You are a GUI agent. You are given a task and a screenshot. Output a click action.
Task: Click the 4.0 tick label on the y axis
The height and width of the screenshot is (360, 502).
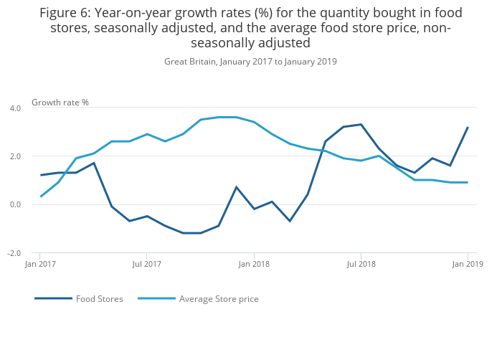(x=15, y=108)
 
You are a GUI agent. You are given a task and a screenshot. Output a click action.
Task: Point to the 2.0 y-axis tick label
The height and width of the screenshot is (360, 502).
(x=15, y=156)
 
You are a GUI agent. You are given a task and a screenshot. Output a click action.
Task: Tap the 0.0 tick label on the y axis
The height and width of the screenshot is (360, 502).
(x=15, y=205)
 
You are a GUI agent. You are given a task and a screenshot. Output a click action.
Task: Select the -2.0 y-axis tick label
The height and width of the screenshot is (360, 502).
(x=14, y=254)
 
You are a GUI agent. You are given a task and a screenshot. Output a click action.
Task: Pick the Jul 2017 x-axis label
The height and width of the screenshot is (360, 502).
(x=146, y=264)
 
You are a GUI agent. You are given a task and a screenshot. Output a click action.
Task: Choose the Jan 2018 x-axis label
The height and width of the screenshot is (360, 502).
(x=253, y=264)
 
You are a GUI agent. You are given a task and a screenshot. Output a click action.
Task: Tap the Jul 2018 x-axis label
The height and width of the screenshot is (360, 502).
(x=361, y=264)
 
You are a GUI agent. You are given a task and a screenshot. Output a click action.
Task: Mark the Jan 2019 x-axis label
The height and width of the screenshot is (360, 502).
(x=468, y=264)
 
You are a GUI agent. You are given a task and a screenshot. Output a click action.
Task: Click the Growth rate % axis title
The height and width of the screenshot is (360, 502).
(x=60, y=103)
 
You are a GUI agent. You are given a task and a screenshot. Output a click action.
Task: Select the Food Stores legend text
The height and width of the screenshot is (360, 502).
(x=100, y=299)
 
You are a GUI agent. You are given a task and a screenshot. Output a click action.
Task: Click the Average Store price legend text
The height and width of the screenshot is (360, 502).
(x=219, y=299)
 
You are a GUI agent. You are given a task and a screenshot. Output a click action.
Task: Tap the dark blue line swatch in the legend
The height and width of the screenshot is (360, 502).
(x=53, y=298)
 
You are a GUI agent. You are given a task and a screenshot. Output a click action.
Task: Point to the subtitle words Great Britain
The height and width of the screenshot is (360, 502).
(x=190, y=62)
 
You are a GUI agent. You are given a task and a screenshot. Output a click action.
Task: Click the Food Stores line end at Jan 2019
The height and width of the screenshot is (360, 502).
(x=468, y=128)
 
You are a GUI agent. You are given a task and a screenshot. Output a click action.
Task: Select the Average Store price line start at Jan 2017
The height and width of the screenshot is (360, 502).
(x=40, y=196)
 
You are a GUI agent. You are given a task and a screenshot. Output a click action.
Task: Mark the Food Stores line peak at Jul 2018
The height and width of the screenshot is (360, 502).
(x=361, y=125)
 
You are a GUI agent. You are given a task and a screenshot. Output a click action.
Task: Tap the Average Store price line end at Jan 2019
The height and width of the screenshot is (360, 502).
(x=468, y=182)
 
